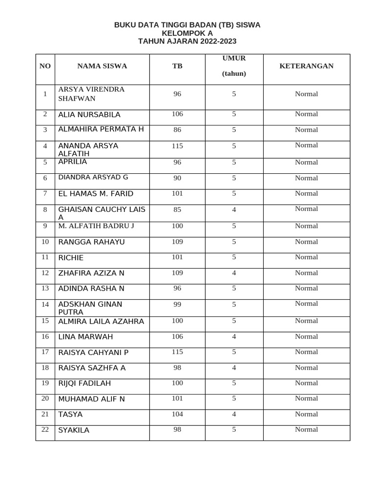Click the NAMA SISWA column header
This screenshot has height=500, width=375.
pyautogui.click(x=102, y=66)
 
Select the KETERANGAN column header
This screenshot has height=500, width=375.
pyautogui.click(x=306, y=65)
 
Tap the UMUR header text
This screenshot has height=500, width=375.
pyautogui.click(x=234, y=58)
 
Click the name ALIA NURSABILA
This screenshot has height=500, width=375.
pyautogui.click(x=89, y=115)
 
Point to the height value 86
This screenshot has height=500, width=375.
pyautogui.click(x=177, y=130)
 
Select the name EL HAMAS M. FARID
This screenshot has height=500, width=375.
pyautogui.click(x=96, y=194)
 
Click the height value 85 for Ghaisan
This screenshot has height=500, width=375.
pyautogui.click(x=177, y=209)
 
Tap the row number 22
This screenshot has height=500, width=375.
pyautogui.click(x=45, y=429)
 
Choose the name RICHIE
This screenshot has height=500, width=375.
pyautogui.click(x=71, y=258)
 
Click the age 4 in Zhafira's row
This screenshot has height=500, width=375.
pyautogui.click(x=234, y=273)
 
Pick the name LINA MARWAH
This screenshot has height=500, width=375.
pyautogui.click(x=85, y=337)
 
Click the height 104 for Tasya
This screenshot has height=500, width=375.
pyautogui.click(x=177, y=414)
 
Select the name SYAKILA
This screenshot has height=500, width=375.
pyautogui.click(x=74, y=430)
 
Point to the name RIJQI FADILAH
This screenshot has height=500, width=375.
pyautogui.click(x=84, y=383)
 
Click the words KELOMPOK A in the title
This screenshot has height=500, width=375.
pyautogui.click(x=187, y=33)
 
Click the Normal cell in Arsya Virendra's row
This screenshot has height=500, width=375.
pyautogui.click(x=306, y=94)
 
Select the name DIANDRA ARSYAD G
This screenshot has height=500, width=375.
pyautogui.click(x=93, y=177)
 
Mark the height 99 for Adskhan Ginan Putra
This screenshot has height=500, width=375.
pyautogui.click(x=177, y=304)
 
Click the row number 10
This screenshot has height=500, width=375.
pyautogui.click(x=45, y=242)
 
